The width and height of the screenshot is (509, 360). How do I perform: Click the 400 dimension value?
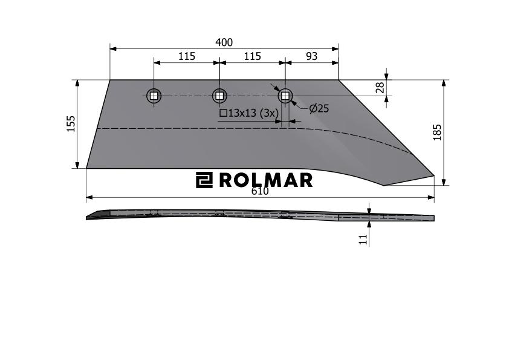point(224,42)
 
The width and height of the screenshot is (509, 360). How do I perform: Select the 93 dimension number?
point(312,56)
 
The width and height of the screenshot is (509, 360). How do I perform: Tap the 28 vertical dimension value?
point(380,88)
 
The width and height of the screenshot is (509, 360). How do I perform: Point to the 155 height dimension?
point(71,124)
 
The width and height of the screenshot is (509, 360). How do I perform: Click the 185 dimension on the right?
point(437,133)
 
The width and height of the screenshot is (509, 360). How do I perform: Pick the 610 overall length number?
point(260,191)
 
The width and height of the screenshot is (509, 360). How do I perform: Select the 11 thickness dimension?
point(363,240)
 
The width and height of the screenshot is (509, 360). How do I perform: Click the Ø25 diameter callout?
point(319,108)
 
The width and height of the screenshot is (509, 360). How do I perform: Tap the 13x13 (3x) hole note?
point(249,113)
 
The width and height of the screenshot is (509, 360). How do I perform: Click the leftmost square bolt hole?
point(154,96)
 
